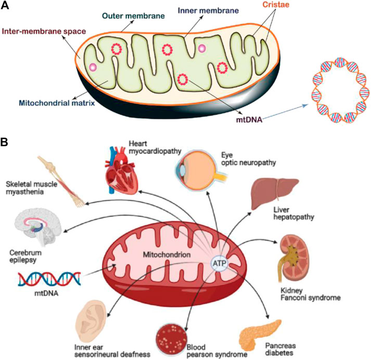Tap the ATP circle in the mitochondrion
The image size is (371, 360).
pos(220,264)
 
